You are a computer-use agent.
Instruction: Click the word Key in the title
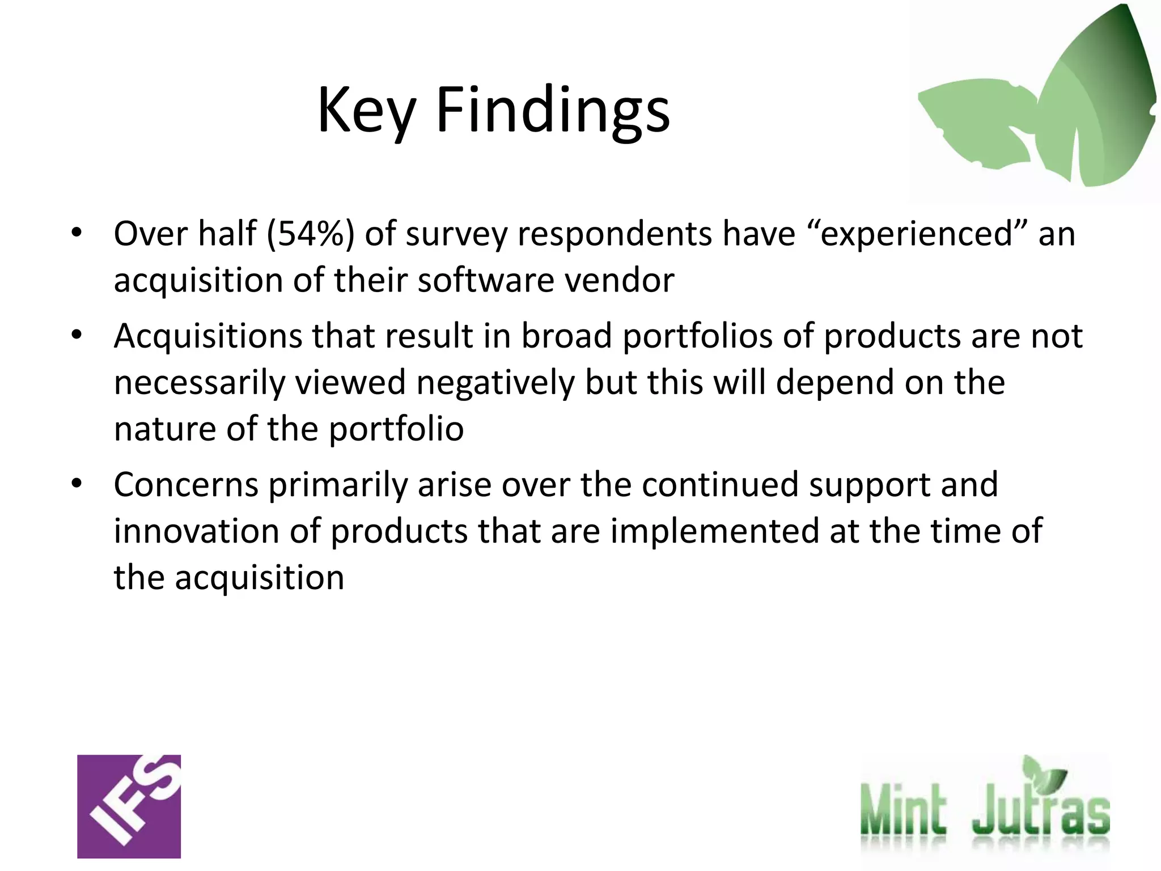coord(366,111)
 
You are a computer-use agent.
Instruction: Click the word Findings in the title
coord(553,111)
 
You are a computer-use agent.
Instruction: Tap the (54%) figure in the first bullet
coord(310,234)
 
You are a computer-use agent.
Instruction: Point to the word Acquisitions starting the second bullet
coord(207,336)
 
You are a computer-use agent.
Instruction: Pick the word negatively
coord(495,383)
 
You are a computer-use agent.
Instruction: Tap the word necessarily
coord(199,383)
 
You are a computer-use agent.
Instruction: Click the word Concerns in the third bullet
coord(185,485)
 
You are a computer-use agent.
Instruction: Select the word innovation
coord(196,531)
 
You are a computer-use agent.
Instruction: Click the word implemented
coord(714,531)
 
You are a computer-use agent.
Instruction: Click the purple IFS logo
coord(129,806)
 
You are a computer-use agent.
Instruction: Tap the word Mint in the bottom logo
coord(902,810)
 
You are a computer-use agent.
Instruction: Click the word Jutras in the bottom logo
coord(1040,810)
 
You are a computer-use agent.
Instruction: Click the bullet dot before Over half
coord(77,232)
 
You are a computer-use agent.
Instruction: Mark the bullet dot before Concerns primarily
coord(77,484)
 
